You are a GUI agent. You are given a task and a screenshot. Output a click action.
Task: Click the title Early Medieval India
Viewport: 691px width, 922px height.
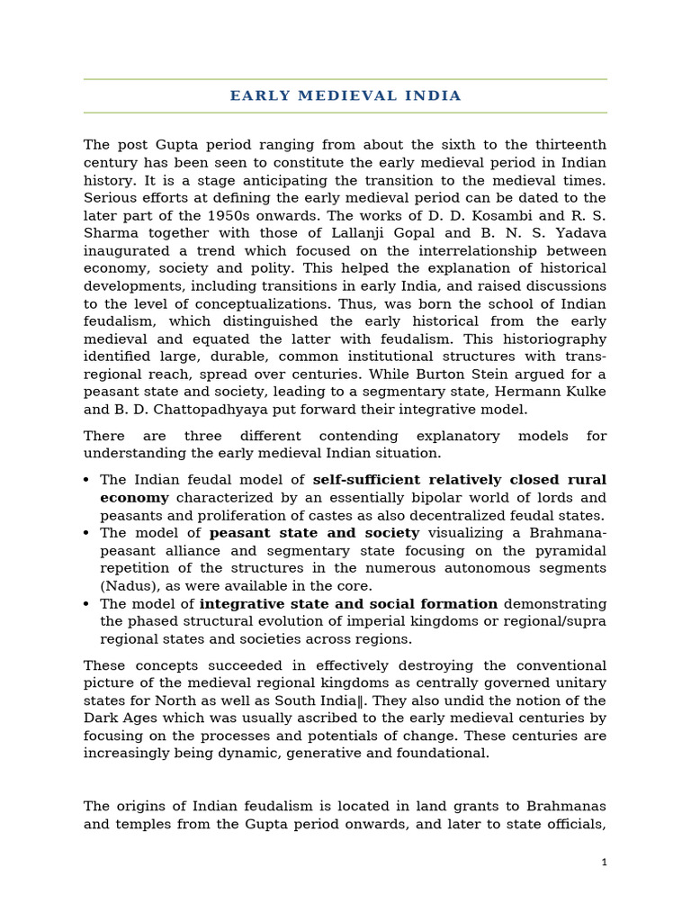point(345,95)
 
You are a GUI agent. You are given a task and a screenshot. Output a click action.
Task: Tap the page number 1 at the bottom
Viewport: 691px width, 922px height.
point(605,863)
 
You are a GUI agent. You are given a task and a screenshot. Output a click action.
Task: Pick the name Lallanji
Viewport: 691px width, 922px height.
point(328,233)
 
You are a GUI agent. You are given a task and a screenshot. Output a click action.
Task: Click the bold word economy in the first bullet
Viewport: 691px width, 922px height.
point(134,498)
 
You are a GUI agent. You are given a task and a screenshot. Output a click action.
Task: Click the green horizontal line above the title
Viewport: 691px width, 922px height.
point(345,79)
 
